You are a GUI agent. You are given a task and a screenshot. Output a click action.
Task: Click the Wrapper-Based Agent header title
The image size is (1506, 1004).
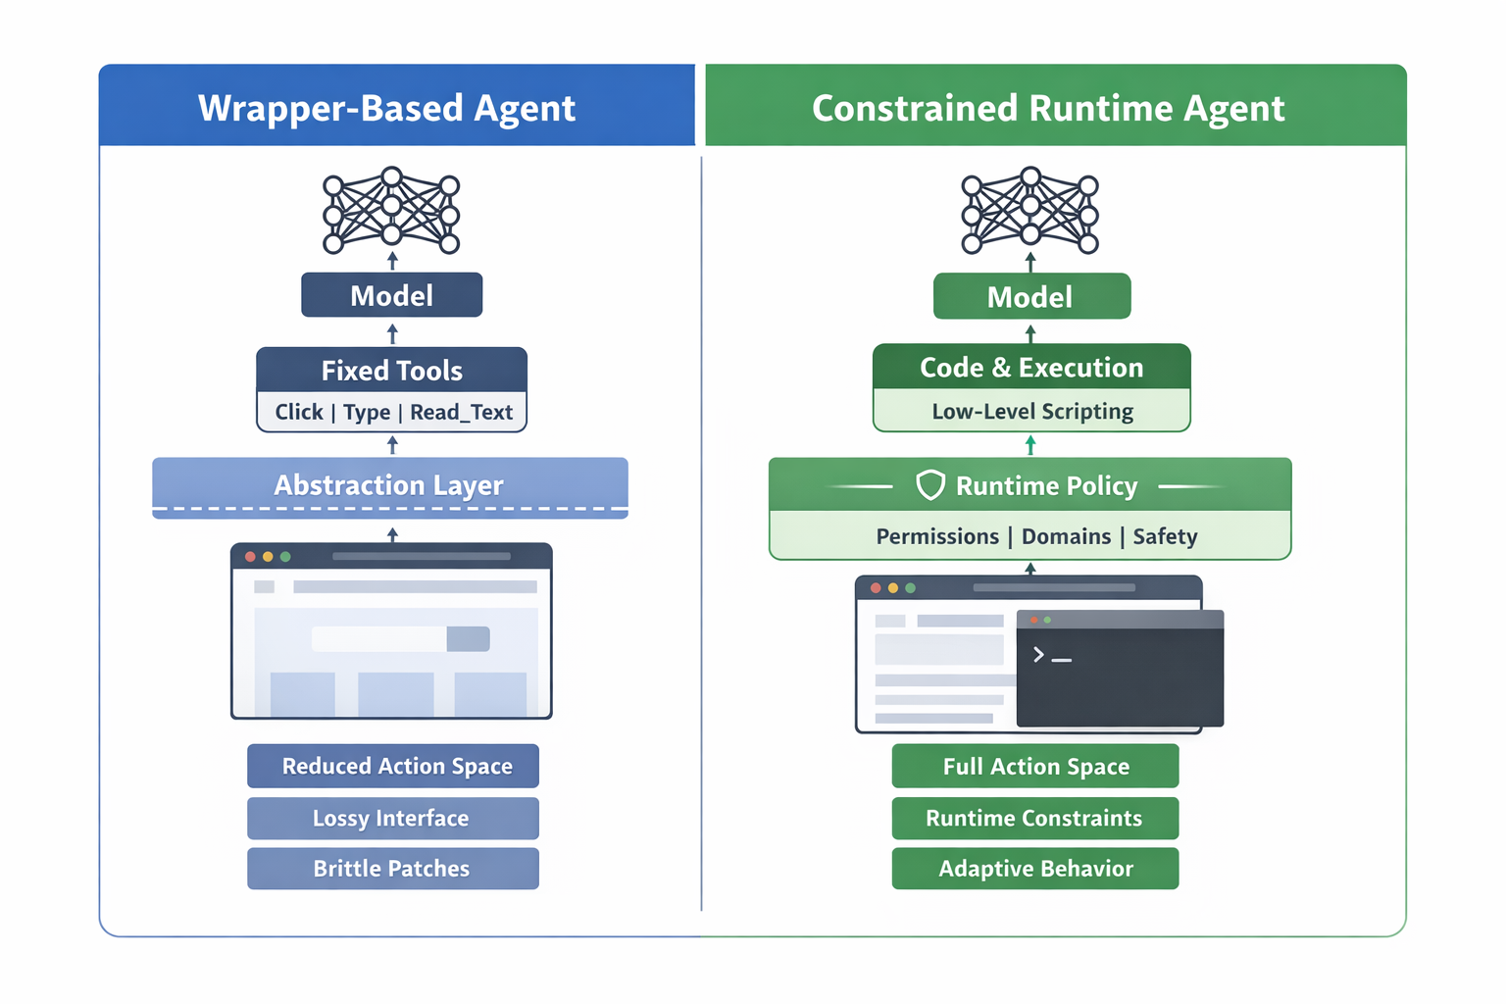click(386, 108)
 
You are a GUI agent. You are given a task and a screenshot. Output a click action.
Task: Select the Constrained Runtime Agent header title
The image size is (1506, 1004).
click(1047, 108)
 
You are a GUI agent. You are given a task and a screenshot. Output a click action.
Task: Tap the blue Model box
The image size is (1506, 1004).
click(391, 295)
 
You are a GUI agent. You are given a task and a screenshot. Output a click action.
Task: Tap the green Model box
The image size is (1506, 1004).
click(1029, 296)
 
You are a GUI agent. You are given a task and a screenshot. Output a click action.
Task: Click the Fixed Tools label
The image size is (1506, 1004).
click(391, 371)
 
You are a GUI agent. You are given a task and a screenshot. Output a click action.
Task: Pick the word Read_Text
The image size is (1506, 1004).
click(461, 412)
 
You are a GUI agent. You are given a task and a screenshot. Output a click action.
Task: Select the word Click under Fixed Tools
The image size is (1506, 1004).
click(298, 412)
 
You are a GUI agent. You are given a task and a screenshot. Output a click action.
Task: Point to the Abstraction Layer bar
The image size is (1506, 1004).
click(389, 485)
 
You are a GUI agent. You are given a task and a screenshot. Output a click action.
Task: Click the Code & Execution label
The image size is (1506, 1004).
click(1031, 367)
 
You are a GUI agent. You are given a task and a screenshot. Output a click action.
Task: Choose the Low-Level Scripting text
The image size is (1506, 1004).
click(1031, 411)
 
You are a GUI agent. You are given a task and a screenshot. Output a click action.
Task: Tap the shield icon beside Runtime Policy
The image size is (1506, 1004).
click(929, 484)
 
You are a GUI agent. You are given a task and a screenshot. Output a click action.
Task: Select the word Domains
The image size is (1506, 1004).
click(1066, 536)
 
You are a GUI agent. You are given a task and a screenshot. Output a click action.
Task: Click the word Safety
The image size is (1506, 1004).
click(1165, 536)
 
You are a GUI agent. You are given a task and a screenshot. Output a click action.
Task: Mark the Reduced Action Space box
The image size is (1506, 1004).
click(393, 766)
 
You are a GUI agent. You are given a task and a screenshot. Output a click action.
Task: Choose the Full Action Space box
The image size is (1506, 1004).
click(1035, 766)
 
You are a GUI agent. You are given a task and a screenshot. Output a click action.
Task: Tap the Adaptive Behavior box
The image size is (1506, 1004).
click(1035, 869)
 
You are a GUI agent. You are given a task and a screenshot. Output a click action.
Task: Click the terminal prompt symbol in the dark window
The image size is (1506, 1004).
click(1039, 654)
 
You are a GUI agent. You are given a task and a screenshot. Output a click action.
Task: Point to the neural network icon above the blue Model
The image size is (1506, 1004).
click(391, 209)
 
